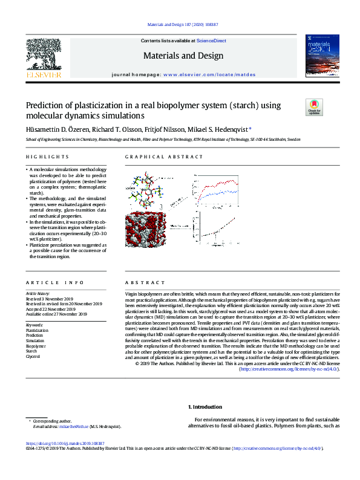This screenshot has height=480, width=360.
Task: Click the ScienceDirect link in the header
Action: tap(211, 41)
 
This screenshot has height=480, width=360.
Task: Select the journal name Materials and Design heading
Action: tap(183, 56)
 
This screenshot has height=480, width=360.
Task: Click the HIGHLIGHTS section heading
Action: tap(42, 157)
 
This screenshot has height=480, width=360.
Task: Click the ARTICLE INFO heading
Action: tap(47, 283)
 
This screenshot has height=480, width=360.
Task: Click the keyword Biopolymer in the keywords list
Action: tap(36, 346)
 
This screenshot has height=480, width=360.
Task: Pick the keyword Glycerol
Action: tap(33, 356)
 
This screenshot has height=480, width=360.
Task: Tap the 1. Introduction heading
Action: tap(205, 407)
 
